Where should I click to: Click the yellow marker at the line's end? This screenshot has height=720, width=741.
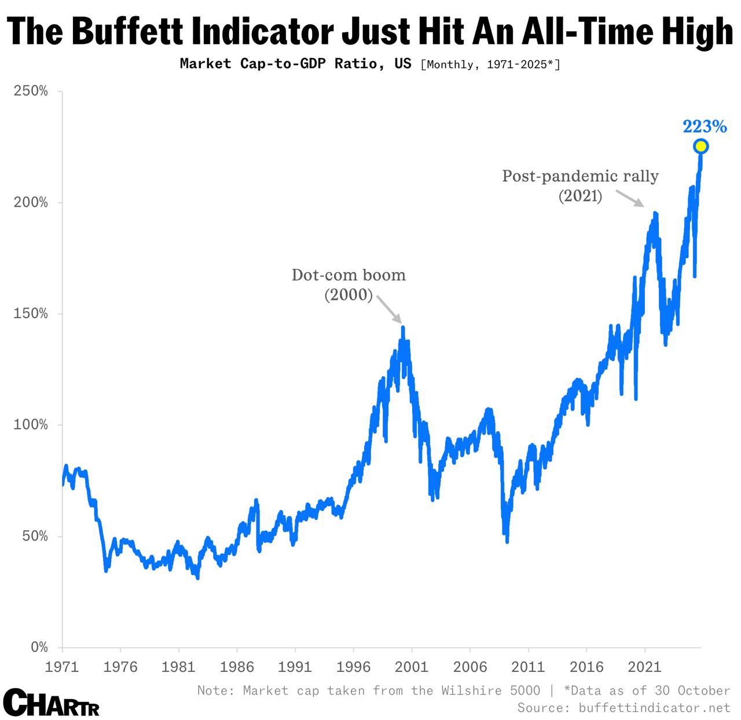[x=700, y=146]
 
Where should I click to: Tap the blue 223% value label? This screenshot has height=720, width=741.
[x=705, y=126]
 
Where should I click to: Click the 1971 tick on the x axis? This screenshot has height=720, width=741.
[x=62, y=667]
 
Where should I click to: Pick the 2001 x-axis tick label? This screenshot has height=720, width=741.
[x=412, y=667]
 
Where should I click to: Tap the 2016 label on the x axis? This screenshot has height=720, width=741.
[x=586, y=667]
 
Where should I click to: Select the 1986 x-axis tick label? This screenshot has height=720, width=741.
[x=237, y=667]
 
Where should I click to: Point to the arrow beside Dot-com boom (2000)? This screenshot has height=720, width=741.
[x=390, y=309]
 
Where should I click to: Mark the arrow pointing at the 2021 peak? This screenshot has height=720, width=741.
[x=629, y=199]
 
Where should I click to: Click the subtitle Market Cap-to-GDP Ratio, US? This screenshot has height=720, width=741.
[x=295, y=63]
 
